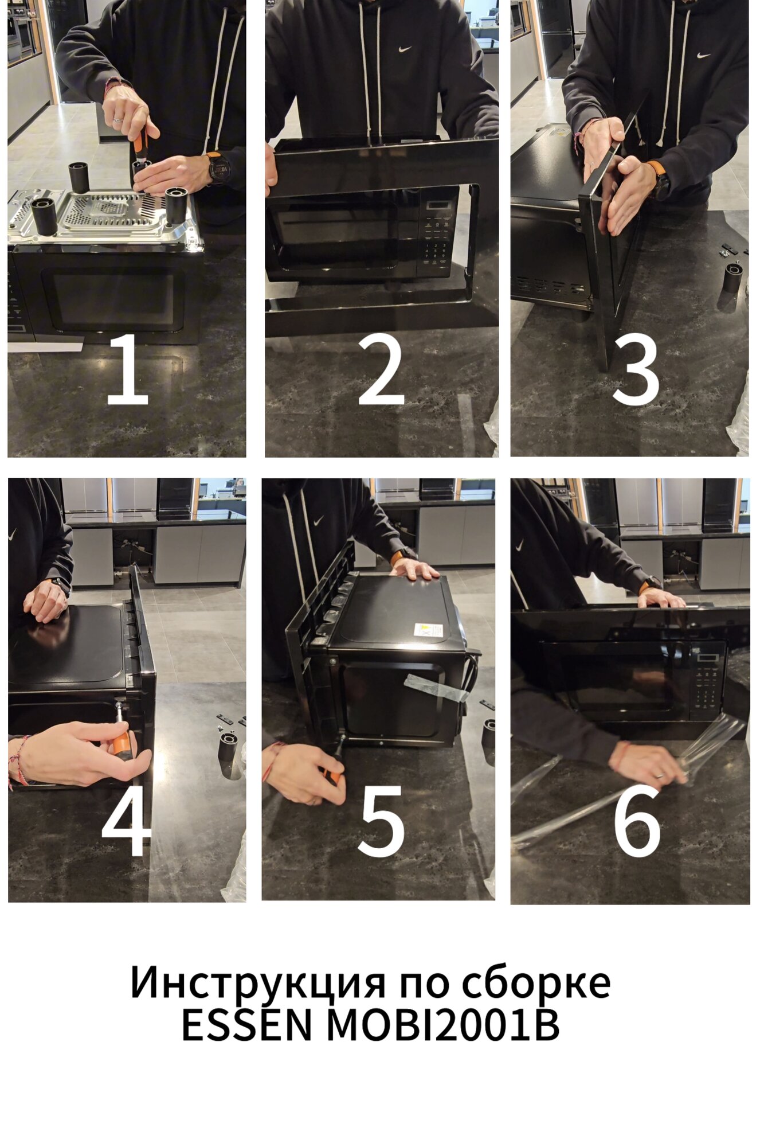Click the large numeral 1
(128, 369)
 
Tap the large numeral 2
(381, 369)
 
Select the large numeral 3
(636, 369)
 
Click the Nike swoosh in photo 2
(405, 49)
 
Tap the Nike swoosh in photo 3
(703, 56)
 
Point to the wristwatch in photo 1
(219, 168)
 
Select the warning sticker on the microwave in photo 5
(428, 630)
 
